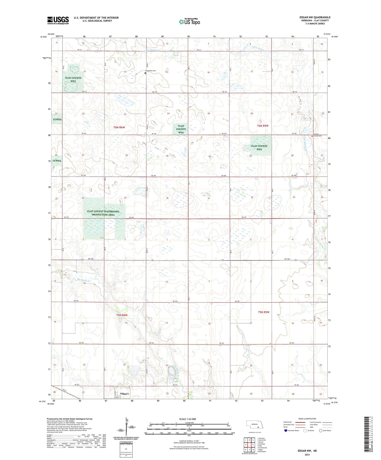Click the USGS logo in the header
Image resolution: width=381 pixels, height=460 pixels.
[x=58, y=20]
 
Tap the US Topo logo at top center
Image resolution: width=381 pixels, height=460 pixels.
[x=189, y=22]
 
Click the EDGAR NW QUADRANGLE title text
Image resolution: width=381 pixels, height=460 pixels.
[x=315, y=17]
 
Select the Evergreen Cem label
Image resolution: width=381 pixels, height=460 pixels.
[x=151, y=71]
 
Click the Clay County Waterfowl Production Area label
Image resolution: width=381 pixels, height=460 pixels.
[x=103, y=213]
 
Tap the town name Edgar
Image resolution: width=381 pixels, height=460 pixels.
[x=124, y=394]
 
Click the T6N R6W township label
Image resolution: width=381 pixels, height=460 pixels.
[x=120, y=127]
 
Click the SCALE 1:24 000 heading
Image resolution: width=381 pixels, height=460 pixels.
[x=187, y=419]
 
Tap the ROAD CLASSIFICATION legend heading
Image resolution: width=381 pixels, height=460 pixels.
[x=307, y=419]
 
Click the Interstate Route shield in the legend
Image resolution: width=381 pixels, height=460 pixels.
[x=286, y=431]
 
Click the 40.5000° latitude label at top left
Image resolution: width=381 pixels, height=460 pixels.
[x=43, y=37]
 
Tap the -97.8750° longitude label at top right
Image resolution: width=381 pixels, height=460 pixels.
[x=327, y=34]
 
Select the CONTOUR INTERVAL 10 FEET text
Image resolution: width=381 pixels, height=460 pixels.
[x=189, y=441]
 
